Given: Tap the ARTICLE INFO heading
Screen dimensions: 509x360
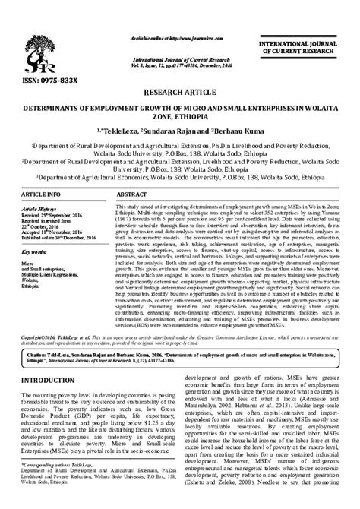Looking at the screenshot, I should [x=45, y=195].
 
